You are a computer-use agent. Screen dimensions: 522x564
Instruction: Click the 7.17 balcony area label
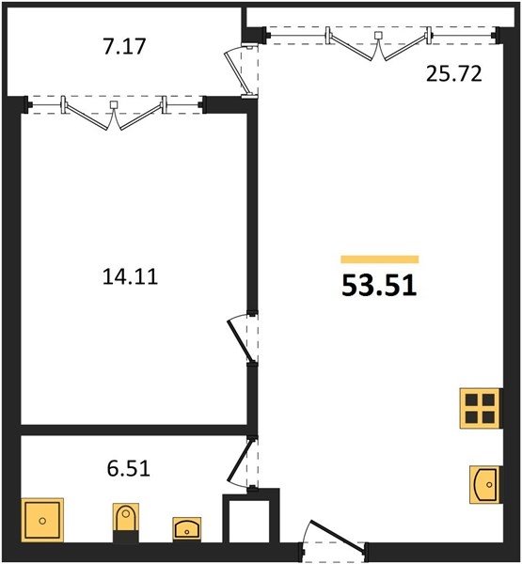(124, 46)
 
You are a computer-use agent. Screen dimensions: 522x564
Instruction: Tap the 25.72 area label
(453, 74)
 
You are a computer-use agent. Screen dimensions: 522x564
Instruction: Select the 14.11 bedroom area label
(130, 277)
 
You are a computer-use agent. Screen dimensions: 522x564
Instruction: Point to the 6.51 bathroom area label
(128, 469)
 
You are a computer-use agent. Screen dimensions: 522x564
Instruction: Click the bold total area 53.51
(379, 286)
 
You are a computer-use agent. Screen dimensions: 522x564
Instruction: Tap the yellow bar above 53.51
(380, 259)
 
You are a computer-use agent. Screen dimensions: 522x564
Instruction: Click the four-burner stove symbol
(480, 408)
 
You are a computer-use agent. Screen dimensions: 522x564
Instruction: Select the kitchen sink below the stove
(484, 484)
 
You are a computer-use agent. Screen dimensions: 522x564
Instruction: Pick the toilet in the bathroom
(126, 523)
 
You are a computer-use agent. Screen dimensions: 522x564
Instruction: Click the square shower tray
(42, 520)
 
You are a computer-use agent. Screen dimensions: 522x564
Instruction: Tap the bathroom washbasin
(187, 528)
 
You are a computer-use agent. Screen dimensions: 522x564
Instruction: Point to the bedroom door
(241, 338)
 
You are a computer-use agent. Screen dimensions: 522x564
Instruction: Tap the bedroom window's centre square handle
(114, 104)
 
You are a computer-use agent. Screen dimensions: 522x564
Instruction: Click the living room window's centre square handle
(378, 36)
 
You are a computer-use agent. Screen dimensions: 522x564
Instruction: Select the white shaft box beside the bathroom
(251, 517)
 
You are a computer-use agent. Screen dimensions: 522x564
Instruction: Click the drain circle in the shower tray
(42, 521)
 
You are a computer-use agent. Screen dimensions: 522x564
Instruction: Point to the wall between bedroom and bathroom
(134, 430)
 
